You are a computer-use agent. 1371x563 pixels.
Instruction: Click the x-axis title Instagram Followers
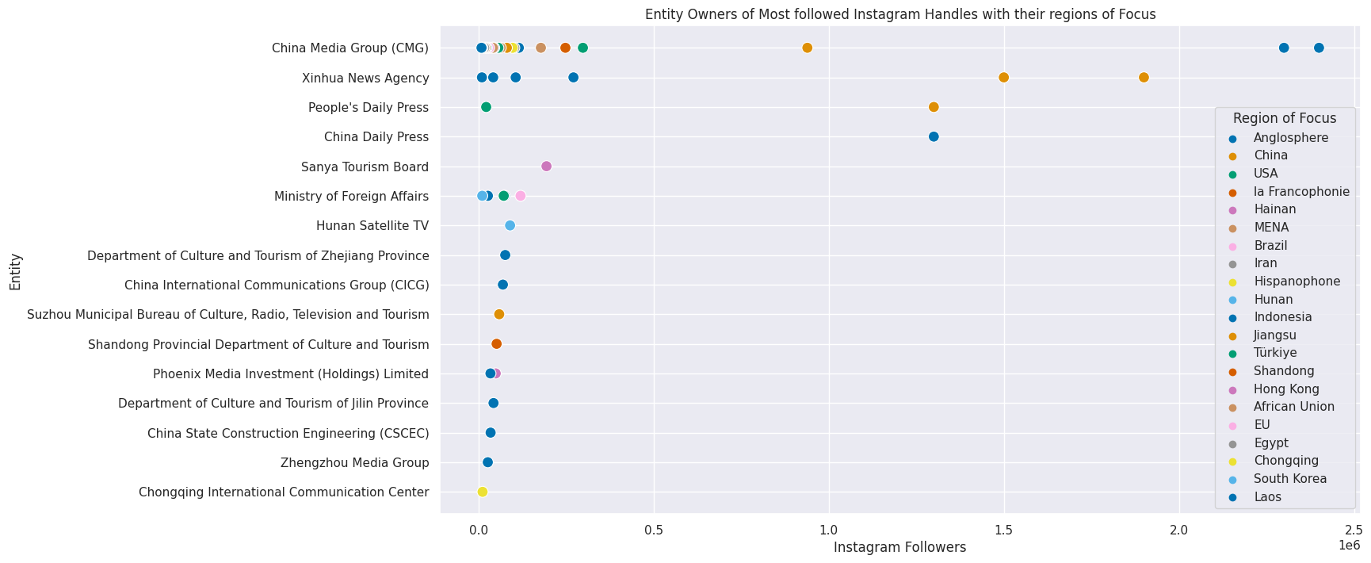point(899,548)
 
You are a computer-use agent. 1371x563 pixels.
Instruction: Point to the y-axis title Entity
point(16,272)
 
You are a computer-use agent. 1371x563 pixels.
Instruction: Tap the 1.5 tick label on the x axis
point(1004,530)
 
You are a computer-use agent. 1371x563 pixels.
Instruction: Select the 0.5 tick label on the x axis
point(654,530)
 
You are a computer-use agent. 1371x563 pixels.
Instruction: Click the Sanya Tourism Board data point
point(546,167)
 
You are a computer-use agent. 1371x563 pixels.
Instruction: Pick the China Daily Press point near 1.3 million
point(934,136)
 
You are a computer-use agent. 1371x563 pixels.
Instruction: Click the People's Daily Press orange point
point(934,107)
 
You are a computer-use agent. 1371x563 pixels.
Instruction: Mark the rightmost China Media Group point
point(1319,48)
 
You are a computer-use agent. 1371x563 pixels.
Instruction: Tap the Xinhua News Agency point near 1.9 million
point(1144,77)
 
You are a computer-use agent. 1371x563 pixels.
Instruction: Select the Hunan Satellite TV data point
point(510,225)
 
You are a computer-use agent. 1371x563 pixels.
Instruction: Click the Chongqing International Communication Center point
point(482,492)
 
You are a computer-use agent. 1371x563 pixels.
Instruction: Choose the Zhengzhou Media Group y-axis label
point(354,463)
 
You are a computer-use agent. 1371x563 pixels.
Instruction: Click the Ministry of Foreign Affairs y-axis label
point(351,197)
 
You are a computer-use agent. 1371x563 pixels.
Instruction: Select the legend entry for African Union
point(1293,407)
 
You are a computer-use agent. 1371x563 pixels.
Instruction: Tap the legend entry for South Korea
point(1289,479)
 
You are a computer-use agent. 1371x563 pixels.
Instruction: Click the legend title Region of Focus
point(1285,118)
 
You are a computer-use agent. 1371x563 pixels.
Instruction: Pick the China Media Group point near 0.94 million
point(808,48)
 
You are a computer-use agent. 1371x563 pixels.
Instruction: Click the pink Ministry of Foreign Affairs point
point(520,196)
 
